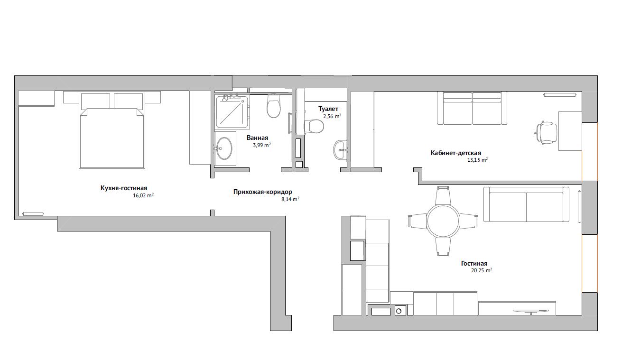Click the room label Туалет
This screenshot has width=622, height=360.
coord(328,109)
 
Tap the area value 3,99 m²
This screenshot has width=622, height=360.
coord(262,145)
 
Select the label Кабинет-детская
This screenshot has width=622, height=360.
coord(455,153)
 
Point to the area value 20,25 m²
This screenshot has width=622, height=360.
coord(482,270)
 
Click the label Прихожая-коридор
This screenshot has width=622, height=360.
coord(263,192)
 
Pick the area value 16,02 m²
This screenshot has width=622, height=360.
coord(143,195)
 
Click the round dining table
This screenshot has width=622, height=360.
coord(443,221)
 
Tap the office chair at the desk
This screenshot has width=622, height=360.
coord(546,133)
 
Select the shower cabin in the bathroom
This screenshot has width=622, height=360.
coord(232,111)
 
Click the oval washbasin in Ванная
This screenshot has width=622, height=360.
coord(224,148)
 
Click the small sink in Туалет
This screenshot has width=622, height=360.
coord(340,150)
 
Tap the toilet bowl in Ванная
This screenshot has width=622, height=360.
coord(273,106)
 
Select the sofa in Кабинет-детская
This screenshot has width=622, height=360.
coord(472,108)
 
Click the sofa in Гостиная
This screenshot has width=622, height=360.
coord(526,204)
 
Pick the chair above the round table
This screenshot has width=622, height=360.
coord(443,195)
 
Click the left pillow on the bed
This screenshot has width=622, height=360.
coord(95,101)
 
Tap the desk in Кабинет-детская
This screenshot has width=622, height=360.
coord(570,131)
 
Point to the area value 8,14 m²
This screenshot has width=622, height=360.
coord(290,199)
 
